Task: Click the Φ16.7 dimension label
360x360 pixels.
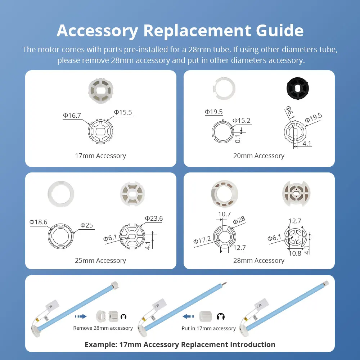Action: [72, 116]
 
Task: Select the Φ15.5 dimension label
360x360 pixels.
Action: [123, 112]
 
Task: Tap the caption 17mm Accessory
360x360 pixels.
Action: [100, 156]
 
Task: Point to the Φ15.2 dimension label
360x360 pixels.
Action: [241, 121]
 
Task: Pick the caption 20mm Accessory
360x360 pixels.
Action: [259, 156]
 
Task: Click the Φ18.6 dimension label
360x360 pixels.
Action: [39, 222]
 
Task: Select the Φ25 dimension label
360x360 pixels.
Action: [86, 225]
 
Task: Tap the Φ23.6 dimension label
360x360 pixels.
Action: [154, 219]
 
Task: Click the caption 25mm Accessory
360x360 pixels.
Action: [100, 260]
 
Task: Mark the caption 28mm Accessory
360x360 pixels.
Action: [259, 260]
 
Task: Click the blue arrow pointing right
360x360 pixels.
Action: [81, 316]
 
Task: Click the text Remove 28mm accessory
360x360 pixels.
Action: [103, 328]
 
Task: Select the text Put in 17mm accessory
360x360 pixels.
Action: [209, 328]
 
